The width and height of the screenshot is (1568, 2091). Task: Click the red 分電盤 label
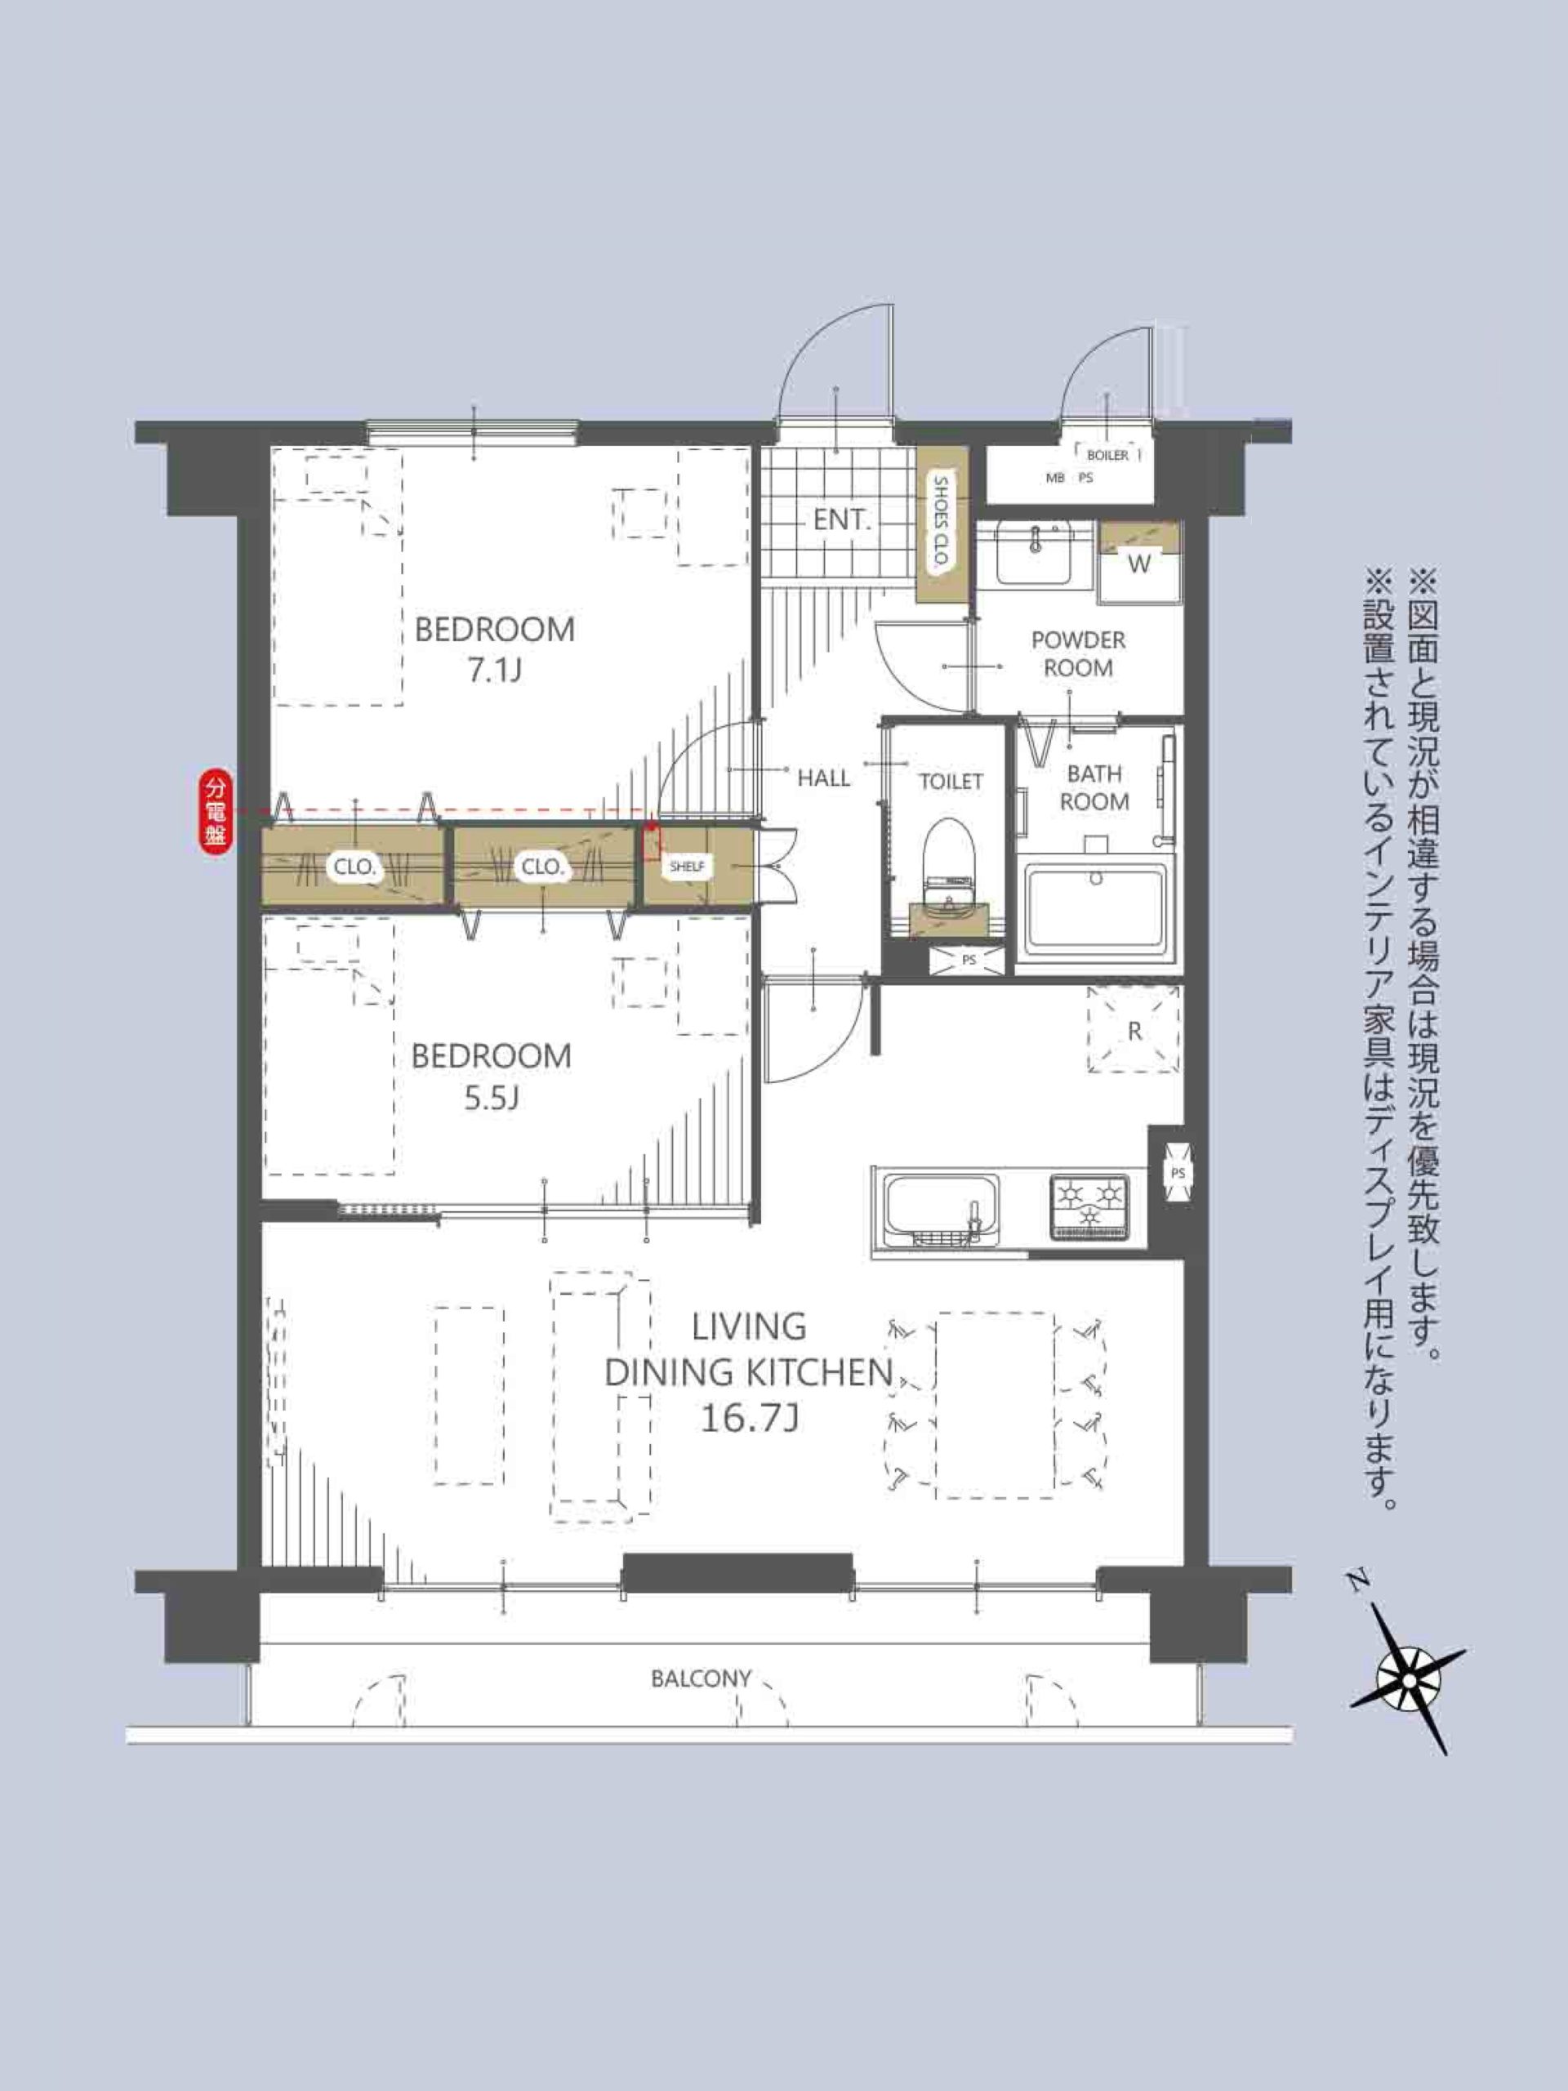coord(216,812)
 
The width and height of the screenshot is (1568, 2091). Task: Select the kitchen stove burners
coord(1089,1206)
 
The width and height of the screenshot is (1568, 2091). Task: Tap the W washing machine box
coord(1140,564)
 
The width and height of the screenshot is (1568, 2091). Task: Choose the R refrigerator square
coord(1134,1030)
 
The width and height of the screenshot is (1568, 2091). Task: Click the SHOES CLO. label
coord(942,522)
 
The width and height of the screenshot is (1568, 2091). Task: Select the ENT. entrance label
coord(841,520)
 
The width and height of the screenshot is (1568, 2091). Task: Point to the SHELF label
coord(687,866)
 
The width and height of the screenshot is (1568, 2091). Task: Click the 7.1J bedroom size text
coord(494,671)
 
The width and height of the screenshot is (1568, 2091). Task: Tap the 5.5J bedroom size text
coord(492,1098)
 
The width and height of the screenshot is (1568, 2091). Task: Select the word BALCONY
coord(702,1679)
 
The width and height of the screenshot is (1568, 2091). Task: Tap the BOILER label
coord(1107,456)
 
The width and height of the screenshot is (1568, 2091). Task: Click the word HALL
coord(823,778)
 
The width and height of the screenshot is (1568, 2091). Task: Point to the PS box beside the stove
coord(1177,1173)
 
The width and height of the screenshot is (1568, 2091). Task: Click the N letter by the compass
coord(1358,1579)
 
